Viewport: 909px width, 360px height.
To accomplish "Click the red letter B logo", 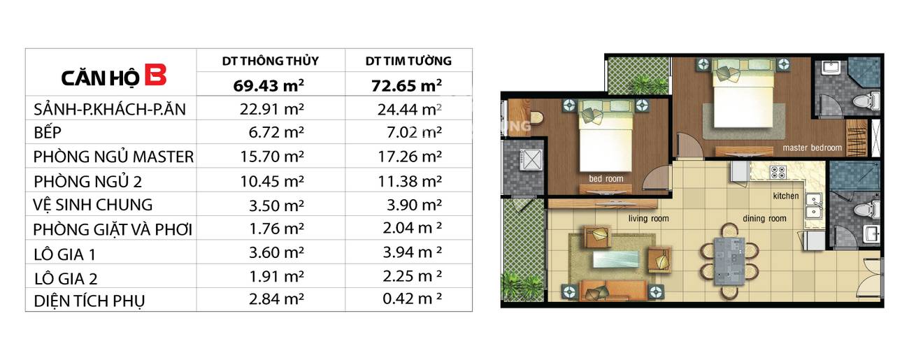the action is pyautogui.click(x=156, y=75).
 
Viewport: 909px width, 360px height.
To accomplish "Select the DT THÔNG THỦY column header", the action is pyautogui.click(x=271, y=61).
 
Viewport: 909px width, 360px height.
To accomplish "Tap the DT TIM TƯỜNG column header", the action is pyautogui.click(x=408, y=61).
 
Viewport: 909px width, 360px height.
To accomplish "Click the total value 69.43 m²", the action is pyautogui.click(x=269, y=85).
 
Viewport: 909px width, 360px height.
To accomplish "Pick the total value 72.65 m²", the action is pyautogui.click(x=407, y=85).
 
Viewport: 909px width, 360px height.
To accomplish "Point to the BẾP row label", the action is pyautogui.click(x=48, y=132).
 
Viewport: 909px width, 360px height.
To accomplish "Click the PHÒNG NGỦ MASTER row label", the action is pyautogui.click(x=113, y=157).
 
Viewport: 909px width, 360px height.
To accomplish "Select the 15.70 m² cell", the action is pyautogui.click(x=272, y=157).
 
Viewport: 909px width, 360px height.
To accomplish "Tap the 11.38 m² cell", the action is pyautogui.click(x=410, y=180).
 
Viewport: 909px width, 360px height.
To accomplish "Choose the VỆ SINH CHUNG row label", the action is pyautogui.click(x=92, y=205).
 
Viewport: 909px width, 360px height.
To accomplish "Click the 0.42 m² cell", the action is pyautogui.click(x=413, y=298).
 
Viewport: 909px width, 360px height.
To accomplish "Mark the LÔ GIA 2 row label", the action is pyautogui.click(x=66, y=278).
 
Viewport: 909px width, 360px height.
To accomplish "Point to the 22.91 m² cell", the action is pyautogui.click(x=272, y=109).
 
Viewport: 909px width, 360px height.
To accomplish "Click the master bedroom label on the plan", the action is pyautogui.click(x=812, y=147).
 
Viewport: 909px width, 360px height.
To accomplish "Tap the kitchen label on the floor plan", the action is pyautogui.click(x=786, y=196).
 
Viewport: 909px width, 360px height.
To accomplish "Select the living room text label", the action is pyautogui.click(x=648, y=219).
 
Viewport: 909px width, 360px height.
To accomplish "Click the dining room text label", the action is pyautogui.click(x=764, y=219).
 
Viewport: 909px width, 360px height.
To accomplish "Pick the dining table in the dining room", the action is pyautogui.click(x=729, y=261).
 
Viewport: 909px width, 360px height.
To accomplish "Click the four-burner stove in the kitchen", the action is pyautogui.click(x=778, y=172).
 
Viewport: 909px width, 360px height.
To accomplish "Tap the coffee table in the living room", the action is pyautogui.click(x=615, y=259).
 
